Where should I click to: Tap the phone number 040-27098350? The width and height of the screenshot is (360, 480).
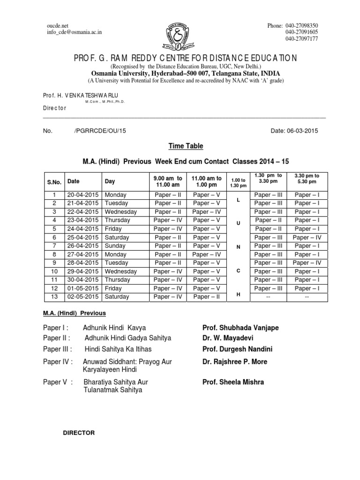(302, 25)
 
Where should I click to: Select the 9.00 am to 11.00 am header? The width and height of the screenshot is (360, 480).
(167, 181)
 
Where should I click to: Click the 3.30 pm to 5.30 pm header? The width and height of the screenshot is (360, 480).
(307, 179)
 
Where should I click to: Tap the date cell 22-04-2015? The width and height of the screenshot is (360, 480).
(83, 212)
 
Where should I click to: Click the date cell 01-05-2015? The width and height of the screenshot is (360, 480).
(83, 289)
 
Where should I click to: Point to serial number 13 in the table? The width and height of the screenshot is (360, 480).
(54, 297)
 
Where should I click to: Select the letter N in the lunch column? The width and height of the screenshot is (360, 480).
(238, 246)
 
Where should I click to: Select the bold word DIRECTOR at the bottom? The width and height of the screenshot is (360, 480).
(79, 433)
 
